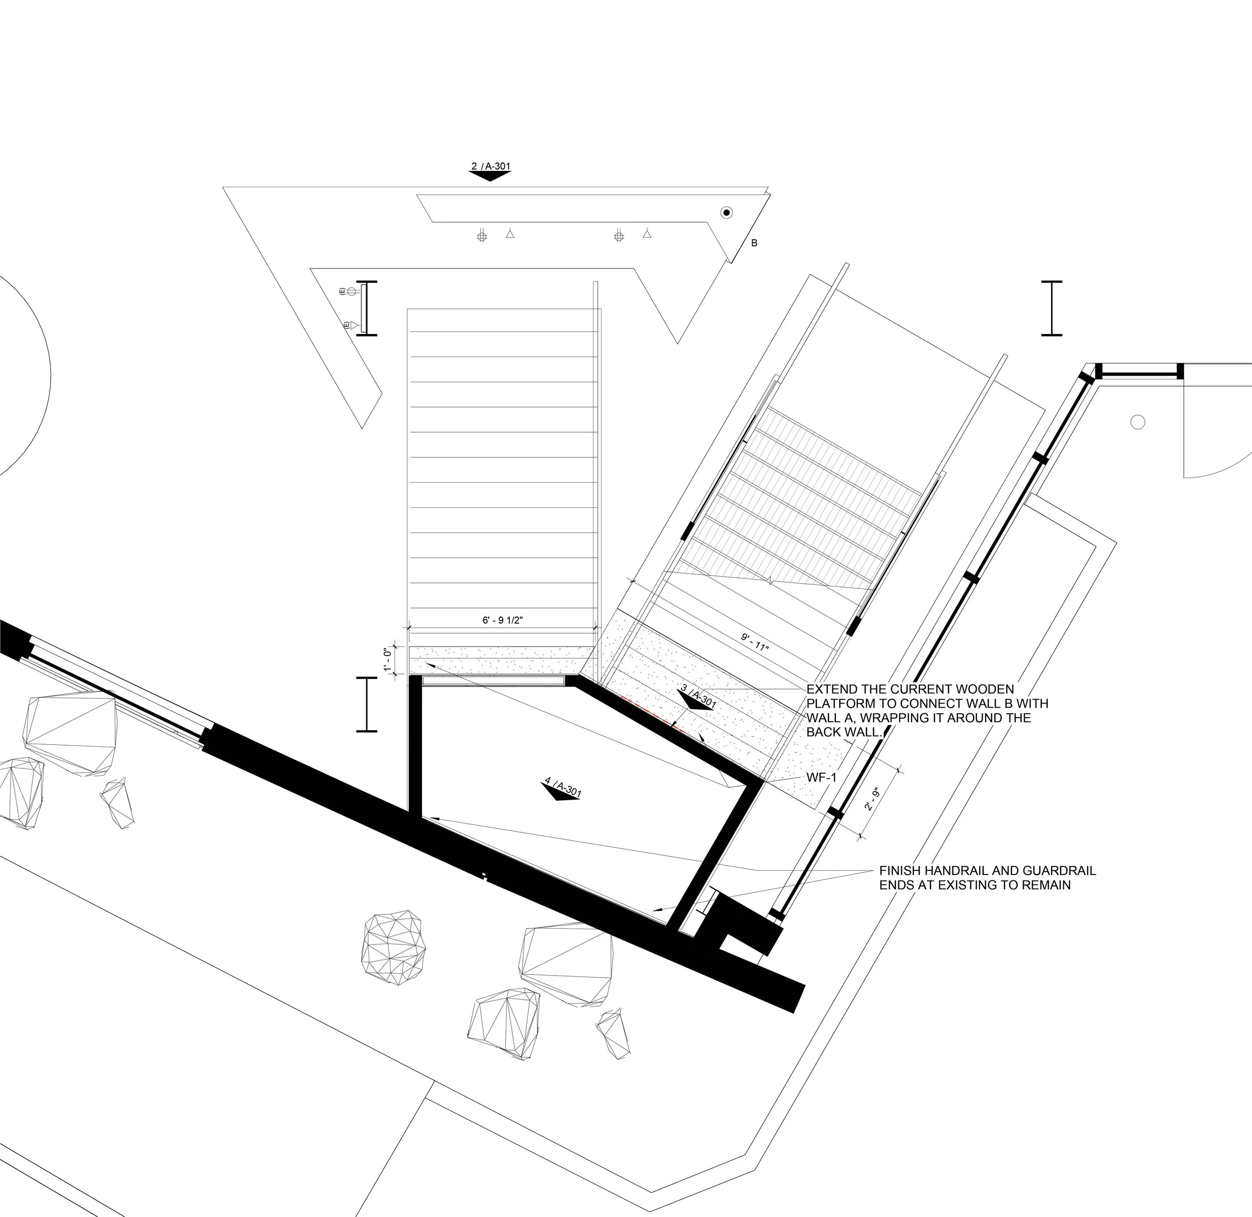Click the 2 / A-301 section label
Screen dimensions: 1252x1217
[x=491, y=166]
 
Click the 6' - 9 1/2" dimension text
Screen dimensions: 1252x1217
[x=502, y=620]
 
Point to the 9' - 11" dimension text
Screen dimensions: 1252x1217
[x=755, y=641]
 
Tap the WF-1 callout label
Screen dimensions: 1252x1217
[x=822, y=778]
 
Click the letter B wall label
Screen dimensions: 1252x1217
[x=754, y=243]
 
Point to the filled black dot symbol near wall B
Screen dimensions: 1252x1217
[x=726, y=213]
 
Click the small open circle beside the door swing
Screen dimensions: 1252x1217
[x=1138, y=422]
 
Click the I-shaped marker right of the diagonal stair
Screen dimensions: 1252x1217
[x=1051, y=308]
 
